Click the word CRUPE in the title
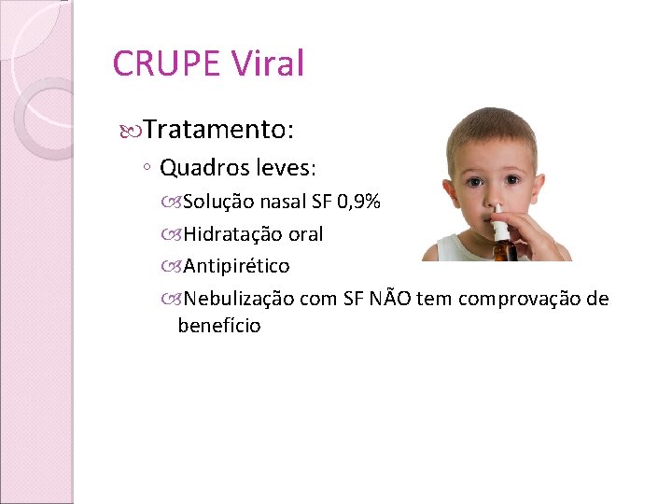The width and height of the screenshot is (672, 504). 165,63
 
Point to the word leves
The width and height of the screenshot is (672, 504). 282,169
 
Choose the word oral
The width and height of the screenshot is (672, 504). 302,234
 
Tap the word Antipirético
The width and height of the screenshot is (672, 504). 237,266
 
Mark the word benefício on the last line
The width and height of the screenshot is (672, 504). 219,326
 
